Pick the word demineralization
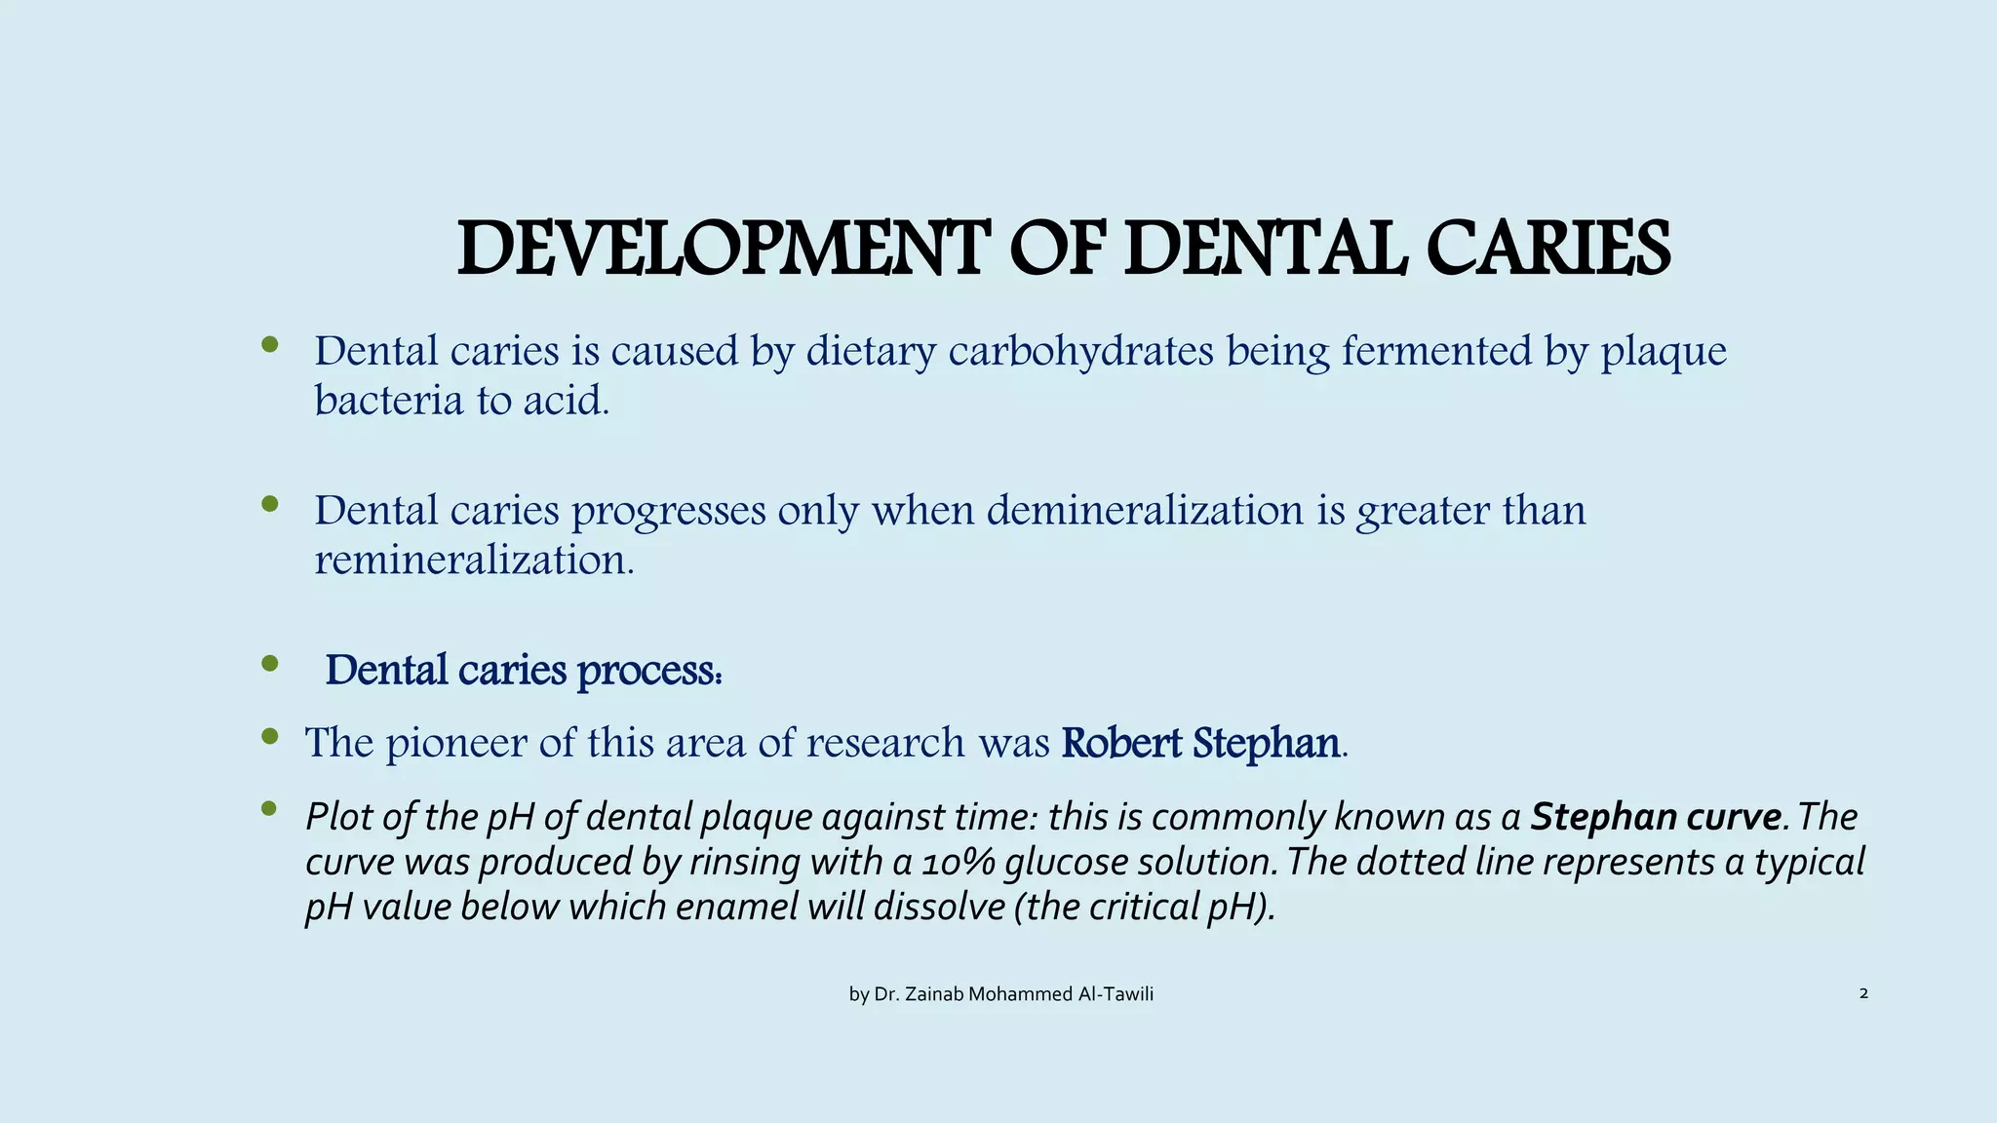pos(1145,510)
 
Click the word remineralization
pos(473,561)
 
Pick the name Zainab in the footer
pos(934,994)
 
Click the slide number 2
pos(1863,993)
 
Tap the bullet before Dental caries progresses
pos(270,504)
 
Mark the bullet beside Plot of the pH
pos(270,808)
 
